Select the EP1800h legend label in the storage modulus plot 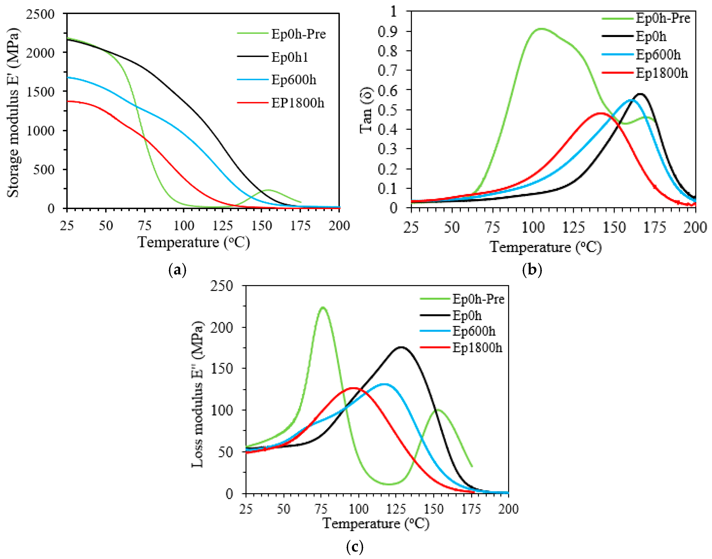(x=297, y=103)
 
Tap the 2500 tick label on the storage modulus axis (x=41, y=14)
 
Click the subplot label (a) (x=177, y=270)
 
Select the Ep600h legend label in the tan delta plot (x=658, y=55)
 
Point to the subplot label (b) (x=532, y=270)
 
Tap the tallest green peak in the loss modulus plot (x=323, y=307)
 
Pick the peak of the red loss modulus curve (x=353, y=388)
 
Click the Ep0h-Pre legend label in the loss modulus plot (x=478, y=299)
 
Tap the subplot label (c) (x=354, y=547)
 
